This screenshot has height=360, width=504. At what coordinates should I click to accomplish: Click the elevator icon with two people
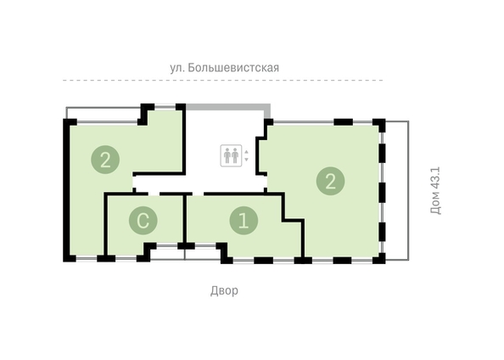(x=231, y=155)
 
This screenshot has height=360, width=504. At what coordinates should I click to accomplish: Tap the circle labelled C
(x=143, y=221)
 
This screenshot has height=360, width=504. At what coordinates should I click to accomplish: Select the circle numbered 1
(x=244, y=221)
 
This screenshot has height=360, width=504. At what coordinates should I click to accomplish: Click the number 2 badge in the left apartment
(x=105, y=160)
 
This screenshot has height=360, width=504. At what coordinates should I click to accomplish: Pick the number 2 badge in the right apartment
(x=330, y=181)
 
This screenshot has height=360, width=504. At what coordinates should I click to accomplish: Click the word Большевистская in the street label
(x=233, y=68)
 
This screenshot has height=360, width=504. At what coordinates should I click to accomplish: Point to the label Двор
(x=224, y=290)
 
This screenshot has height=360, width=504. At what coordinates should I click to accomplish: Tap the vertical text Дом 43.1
(x=435, y=190)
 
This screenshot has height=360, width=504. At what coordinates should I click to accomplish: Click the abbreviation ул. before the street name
(x=177, y=68)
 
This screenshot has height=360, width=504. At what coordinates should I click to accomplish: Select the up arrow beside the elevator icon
(x=247, y=151)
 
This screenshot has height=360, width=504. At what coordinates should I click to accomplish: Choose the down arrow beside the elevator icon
(x=247, y=160)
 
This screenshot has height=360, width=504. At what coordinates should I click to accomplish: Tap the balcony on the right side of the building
(x=397, y=190)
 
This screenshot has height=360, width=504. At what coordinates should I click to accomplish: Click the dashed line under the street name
(x=223, y=80)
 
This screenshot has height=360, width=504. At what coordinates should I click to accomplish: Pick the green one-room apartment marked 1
(x=244, y=225)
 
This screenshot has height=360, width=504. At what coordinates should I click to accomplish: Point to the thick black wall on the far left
(x=66, y=190)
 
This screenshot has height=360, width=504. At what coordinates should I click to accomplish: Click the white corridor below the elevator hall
(x=199, y=184)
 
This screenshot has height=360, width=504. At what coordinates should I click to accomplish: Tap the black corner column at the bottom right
(x=380, y=258)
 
